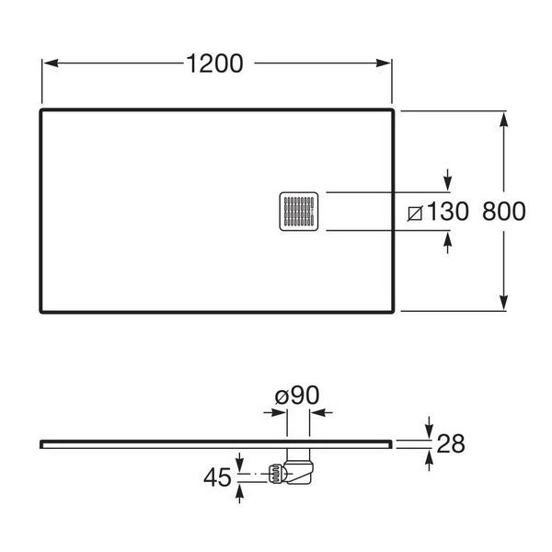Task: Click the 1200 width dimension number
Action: [x=214, y=63]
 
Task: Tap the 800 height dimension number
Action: [x=504, y=212]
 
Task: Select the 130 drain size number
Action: [x=447, y=212]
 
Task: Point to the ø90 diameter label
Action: [x=297, y=395]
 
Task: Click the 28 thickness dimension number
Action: [x=451, y=443]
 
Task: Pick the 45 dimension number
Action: [x=217, y=477]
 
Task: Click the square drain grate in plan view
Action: [x=299, y=212]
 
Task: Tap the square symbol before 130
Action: [x=415, y=213]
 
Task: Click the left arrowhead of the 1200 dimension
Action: [x=51, y=63]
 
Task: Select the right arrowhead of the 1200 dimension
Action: [x=384, y=63]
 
